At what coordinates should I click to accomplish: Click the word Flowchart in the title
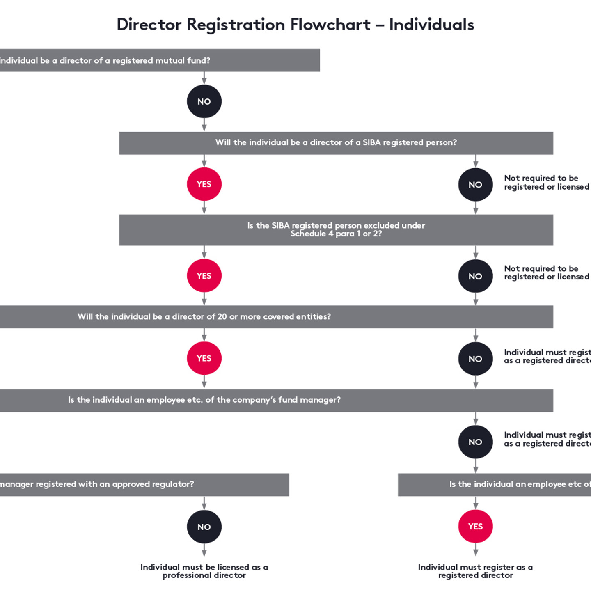pyautogui.click(x=330, y=25)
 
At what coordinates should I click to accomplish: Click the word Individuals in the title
pyautogui.click(x=431, y=25)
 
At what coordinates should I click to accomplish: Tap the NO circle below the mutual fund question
pyautogui.click(x=204, y=101)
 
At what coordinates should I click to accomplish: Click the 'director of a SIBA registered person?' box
pyautogui.click(x=336, y=143)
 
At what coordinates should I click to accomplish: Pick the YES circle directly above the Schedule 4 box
pyautogui.click(x=204, y=184)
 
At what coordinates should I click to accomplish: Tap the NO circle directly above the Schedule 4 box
pyautogui.click(x=475, y=185)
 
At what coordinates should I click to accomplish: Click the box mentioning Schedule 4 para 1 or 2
pyautogui.click(x=336, y=230)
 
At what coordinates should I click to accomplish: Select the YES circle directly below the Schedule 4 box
pyautogui.click(x=204, y=276)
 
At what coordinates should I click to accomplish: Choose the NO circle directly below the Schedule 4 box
pyautogui.click(x=475, y=276)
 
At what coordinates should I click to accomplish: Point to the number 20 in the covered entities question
pyautogui.click(x=222, y=317)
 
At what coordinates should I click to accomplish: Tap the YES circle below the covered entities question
pyautogui.click(x=204, y=358)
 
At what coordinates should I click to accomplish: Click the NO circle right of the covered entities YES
pyautogui.click(x=475, y=359)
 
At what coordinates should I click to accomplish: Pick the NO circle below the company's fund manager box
pyautogui.click(x=475, y=442)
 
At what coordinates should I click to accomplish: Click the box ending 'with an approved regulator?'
pyautogui.click(x=144, y=484)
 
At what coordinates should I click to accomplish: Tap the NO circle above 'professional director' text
pyautogui.click(x=204, y=527)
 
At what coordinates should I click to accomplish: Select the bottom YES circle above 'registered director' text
pyautogui.click(x=475, y=527)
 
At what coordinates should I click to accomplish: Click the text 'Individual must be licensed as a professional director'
pyautogui.click(x=204, y=571)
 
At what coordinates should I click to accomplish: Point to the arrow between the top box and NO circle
pyautogui.click(x=204, y=78)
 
